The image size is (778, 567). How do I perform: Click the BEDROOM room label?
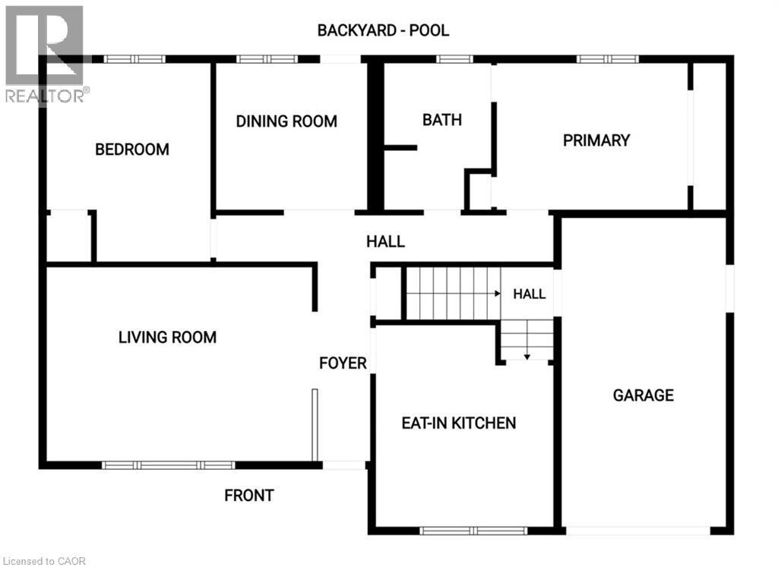[x=132, y=150]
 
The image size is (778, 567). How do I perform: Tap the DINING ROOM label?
[x=286, y=121]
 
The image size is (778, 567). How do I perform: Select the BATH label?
[x=442, y=120]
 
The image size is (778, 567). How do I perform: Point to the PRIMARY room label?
[x=596, y=140]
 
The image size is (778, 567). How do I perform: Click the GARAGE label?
[x=644, y=395]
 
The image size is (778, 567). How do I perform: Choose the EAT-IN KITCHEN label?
[x=459, y=423]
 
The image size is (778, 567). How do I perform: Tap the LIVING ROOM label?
[x=167, y=337]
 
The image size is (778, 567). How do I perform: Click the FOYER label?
[x=343, y=364]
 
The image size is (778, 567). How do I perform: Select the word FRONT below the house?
[x=249, y=495]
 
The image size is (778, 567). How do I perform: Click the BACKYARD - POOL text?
[x=383, y=30]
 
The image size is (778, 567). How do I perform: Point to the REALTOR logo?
[x=46, y=55]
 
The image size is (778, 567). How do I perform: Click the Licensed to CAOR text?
[x=43, y=561]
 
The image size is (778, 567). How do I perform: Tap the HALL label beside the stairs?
[x=530, y=294]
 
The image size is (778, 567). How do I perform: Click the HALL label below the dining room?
[x=385, y=241]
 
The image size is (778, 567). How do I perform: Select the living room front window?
[x=168, y=465]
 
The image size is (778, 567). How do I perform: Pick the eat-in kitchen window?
[x=473, y=531]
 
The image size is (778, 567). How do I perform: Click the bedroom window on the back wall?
[x=134, y=59]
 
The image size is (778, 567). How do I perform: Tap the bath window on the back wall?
[x=454, y=59]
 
